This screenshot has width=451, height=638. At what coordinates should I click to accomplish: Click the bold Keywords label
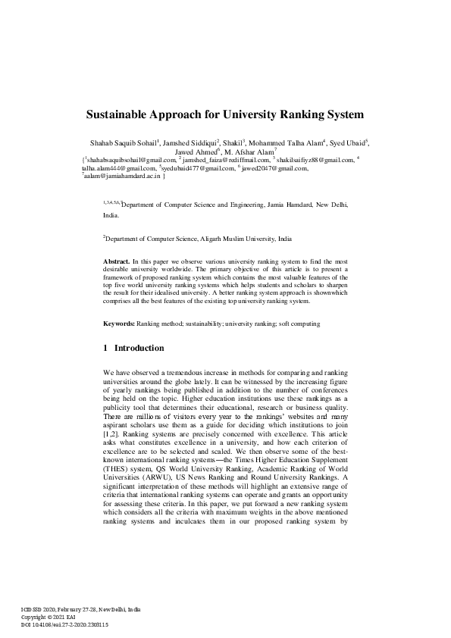pyautogui.click(x=119, y=324)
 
